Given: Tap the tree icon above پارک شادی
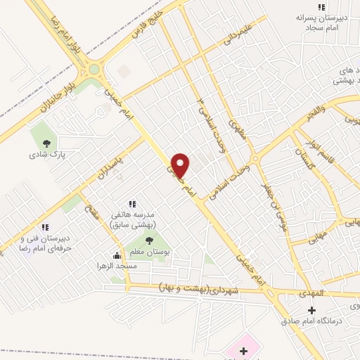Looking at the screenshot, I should click(46, 143).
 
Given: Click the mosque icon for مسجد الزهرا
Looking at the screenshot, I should click(117, 257).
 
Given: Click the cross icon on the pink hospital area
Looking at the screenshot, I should click(244, 349).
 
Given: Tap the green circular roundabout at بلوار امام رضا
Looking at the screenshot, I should click(94, 70).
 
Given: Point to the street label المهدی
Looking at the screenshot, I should click(309, 292).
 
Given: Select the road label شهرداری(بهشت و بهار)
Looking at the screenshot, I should click(209, 290).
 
